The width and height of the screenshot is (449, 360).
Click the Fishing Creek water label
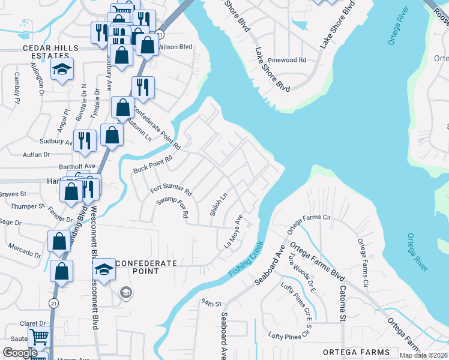point(246,259)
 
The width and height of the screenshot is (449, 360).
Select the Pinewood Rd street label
point(287,60)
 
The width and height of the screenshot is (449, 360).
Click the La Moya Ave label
point(233,232)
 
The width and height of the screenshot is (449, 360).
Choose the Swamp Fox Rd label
point(173,206)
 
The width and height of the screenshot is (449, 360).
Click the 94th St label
point(212,302)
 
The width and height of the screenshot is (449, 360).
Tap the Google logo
point(20,353)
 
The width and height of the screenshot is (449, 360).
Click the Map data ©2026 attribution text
point(423,356)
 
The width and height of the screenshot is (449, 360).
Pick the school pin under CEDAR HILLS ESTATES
point(62,70)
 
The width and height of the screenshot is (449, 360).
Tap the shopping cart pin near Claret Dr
point(39,338)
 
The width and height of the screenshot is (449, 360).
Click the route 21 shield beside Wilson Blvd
point(160,35)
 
